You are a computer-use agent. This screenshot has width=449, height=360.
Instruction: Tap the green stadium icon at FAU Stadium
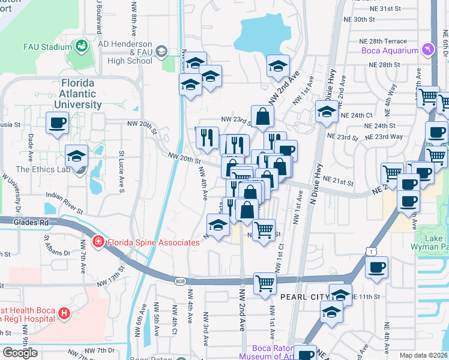80,46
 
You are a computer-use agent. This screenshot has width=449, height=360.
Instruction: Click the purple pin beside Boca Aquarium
427,49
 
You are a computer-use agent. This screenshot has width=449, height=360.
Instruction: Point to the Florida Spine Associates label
152,242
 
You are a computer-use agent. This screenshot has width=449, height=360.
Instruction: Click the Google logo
20,353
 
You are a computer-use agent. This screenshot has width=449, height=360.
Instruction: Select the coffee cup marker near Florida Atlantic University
58,123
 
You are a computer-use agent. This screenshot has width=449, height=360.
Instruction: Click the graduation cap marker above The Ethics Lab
77,157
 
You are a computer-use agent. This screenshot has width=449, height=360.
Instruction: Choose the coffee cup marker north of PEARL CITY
376,268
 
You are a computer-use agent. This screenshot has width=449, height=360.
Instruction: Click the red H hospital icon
64,313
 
